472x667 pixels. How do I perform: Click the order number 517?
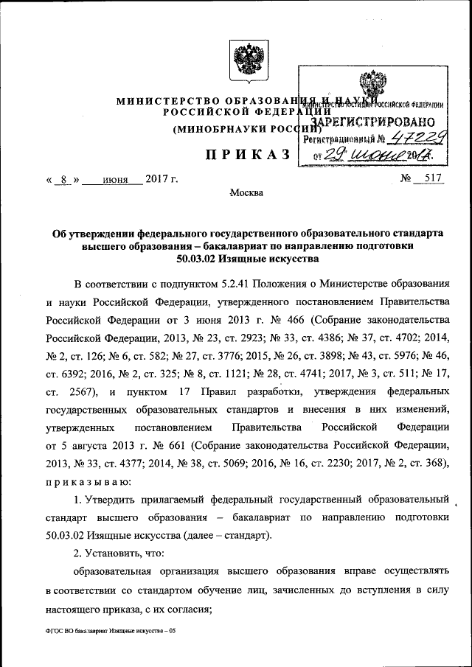426,179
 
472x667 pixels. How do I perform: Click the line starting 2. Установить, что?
119,552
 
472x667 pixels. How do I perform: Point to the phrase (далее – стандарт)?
223,534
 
